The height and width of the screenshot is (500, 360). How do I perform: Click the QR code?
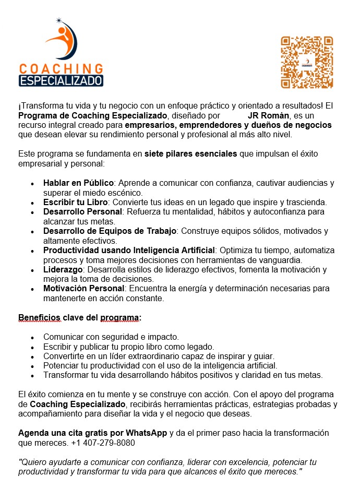307,62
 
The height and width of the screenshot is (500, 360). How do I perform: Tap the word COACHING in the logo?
61,68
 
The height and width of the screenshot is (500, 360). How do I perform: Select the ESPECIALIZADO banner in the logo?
61,80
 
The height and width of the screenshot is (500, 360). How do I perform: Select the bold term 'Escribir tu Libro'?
76,202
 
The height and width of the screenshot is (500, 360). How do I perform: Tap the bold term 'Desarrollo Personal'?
82,211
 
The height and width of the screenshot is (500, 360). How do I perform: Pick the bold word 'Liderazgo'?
63,269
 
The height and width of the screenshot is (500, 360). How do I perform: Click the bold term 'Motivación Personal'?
83,289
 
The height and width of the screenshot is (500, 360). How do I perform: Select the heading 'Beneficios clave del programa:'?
80,317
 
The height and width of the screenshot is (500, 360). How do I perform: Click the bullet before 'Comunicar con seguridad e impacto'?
32,337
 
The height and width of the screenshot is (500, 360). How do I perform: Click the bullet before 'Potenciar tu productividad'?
32,366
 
